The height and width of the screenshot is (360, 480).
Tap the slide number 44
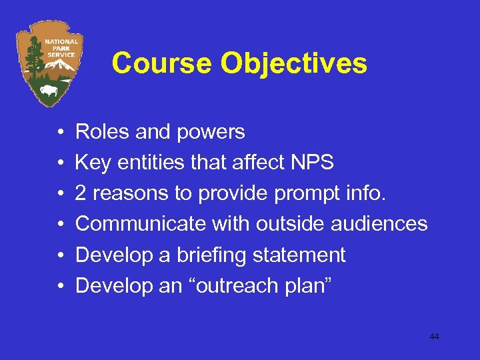click(x=434, y=337)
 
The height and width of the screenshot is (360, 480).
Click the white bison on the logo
click(x=48, y=90)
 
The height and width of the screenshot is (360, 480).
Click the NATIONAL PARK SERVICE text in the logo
click(x=61, y=48)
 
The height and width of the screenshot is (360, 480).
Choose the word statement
click(x=303, y=255)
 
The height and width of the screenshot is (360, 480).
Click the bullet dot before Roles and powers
click(x=60, y=132)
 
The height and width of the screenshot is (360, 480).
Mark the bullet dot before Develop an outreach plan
click(x=60, y=286)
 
